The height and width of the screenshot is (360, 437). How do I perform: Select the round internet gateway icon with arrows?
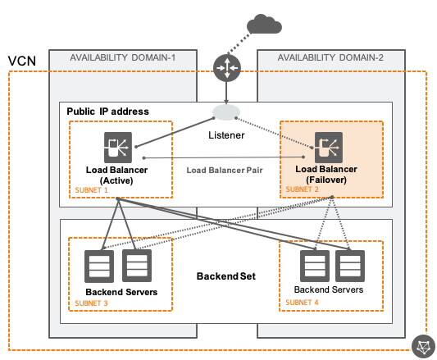click(225, 69)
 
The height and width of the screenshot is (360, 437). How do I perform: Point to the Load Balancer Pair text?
click(225, 171)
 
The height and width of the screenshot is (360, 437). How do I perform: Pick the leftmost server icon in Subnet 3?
click(100, 265)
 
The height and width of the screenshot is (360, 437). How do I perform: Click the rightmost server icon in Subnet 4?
click(348, 265)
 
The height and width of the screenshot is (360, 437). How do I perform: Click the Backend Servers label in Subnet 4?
click(329, 290)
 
